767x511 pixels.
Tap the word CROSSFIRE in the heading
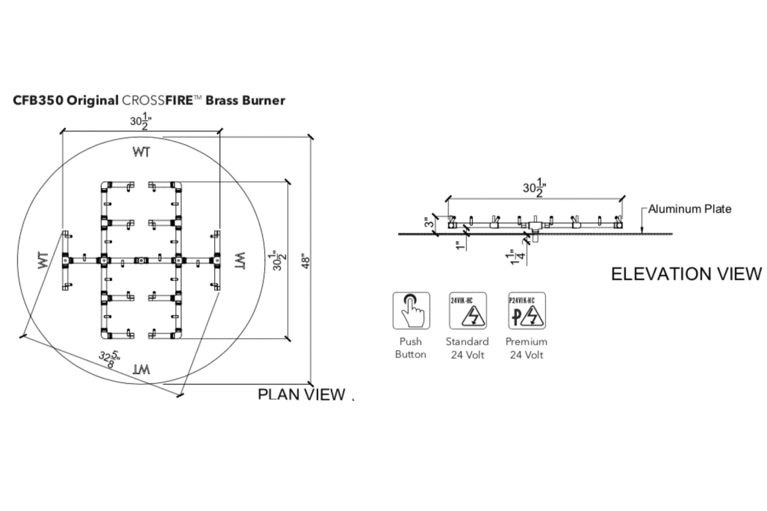[x=156, y=100]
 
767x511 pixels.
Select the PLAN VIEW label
[x=302, y=394]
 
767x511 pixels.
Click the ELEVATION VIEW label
[x=686, y=274]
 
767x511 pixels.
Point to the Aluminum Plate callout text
[x=689, y=209]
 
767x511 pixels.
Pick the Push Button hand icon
[x=411, y=311]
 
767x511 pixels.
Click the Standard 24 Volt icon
[x=467, y=311]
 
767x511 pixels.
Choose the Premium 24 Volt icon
[x=527, y=311]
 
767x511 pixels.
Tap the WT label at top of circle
[x=142, y=152]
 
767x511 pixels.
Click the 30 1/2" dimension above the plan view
[x=141, y=122]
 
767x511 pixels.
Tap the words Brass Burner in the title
[x=245, y=100]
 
